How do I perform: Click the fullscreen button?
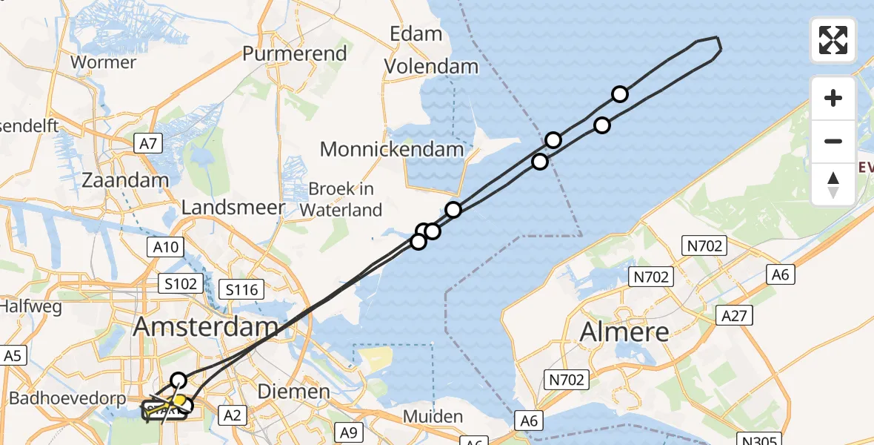click(x=833, y=40)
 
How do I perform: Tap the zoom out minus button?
click(x=833, y=141)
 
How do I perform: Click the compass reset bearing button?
click(x=833, y=185)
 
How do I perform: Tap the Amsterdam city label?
click(x=207, y=327)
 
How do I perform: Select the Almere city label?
click(x=624, y=332)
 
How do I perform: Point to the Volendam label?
click(x=431, y=67)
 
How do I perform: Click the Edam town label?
click(x=417, y=34)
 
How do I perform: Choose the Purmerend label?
click(x=295, y=53)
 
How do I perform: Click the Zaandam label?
click(x=126, y=180)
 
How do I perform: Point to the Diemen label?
click(x=293, y=392)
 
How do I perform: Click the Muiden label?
click(x=433, y=416)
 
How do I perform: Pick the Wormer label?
click(x=103, y=62)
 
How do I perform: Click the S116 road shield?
click(x=243, y=289)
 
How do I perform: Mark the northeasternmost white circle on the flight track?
click(x=620, y=94)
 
